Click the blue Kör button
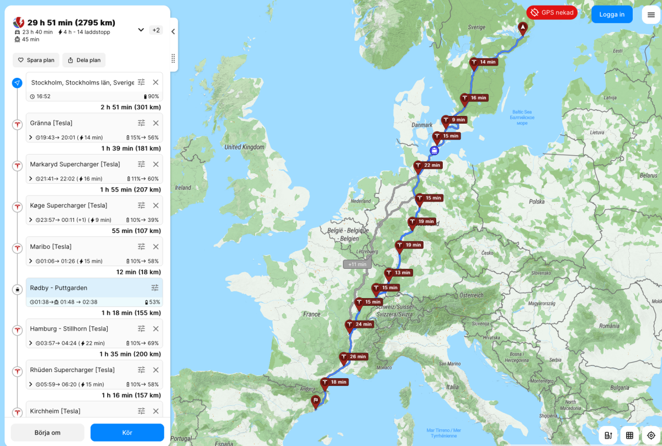tap(127, 432)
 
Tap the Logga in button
tap(611, 14)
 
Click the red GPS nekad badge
tap(552, 12)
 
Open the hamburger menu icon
tap(651, 14)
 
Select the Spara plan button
tap(36, 60)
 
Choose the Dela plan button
tap(84, 60)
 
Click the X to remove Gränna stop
tap(156, 123)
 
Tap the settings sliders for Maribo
tap(141, 247)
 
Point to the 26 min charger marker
tap(344, 358)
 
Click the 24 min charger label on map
tap(363, 325)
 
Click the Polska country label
tap(536, 202)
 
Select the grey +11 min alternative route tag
tap(357, 264)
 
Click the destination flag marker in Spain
tap(315, 401)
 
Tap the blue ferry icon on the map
tap(435, 150)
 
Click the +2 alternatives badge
tap(156, 30)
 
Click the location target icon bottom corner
tap(651, 435)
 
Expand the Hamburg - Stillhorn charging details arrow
tap(30, 343)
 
